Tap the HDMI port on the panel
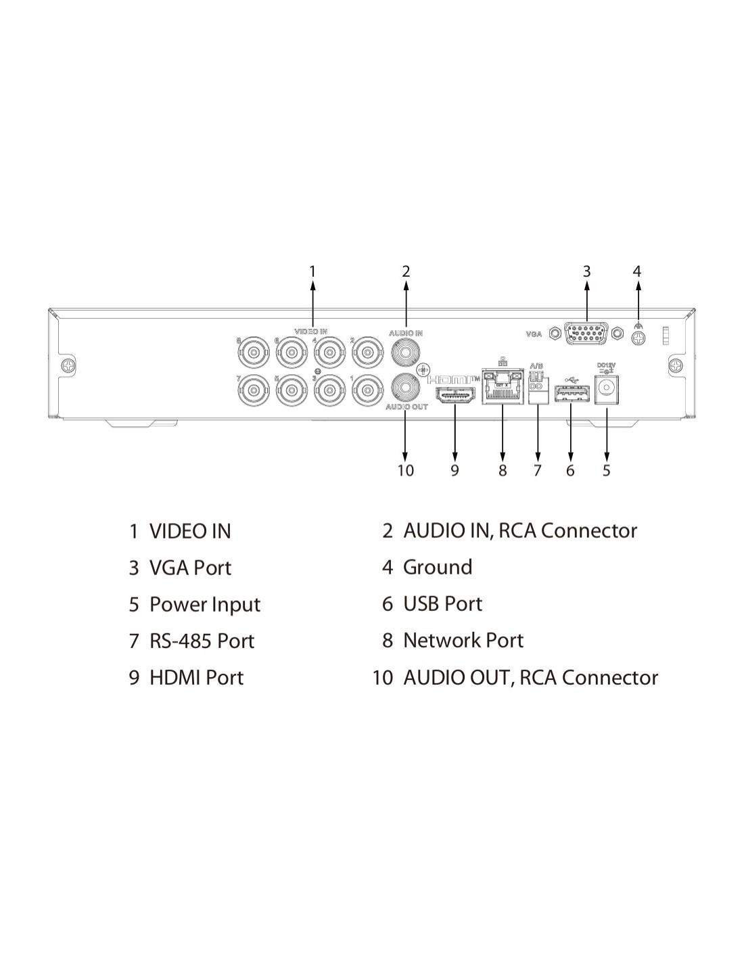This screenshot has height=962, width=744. coord(455,396)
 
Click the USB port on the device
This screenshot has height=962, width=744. coord(570,393)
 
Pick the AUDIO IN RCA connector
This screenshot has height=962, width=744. coord(406,352)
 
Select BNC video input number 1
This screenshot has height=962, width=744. coord(367,390)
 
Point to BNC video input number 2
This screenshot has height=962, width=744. coord(367,352)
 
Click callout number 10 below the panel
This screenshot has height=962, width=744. coord(405,470)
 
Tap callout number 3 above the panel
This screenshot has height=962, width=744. coord(586,272)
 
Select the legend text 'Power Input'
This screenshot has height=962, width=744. coord(204,604)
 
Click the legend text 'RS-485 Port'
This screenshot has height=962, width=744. coord(202,641)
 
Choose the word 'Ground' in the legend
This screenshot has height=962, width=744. coord(437,567)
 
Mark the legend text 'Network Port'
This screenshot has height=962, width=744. coord(463,641)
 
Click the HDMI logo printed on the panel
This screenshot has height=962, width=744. coord(454,379)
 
